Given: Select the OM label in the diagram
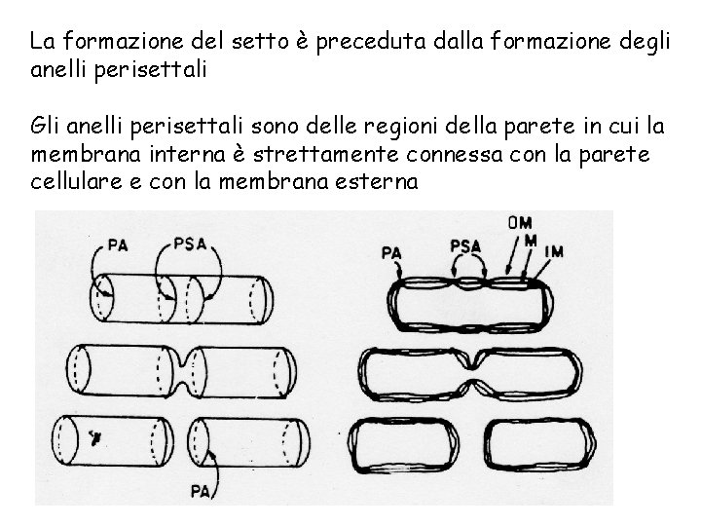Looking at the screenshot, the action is pyautogui.click(x=520, y=223).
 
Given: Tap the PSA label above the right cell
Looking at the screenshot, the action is pyautogui.click(x=466, y=247).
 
